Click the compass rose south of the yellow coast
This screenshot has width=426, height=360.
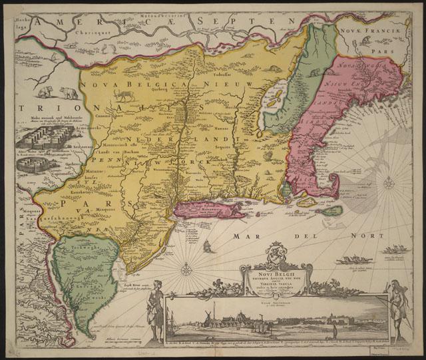[188, 270]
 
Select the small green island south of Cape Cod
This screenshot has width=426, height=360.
[331, 212]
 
